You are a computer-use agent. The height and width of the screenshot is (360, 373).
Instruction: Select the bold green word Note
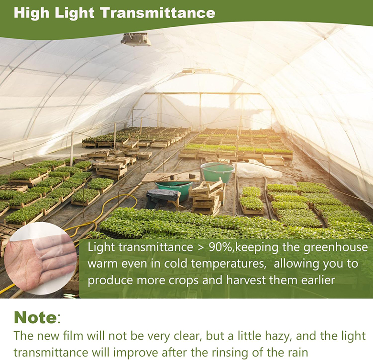coord(35,317)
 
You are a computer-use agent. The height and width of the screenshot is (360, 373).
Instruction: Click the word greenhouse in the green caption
coord(340,248)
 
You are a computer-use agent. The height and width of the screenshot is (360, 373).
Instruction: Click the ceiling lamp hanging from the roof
coord(135,39)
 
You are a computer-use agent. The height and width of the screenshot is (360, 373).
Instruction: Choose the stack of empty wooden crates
coord(207,196)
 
